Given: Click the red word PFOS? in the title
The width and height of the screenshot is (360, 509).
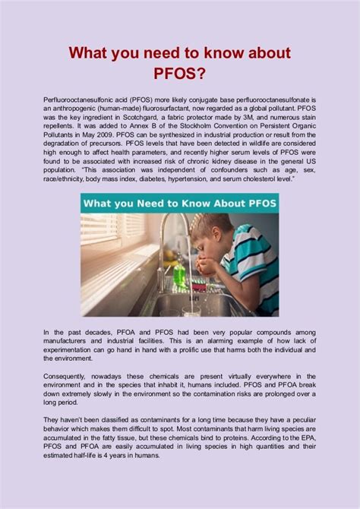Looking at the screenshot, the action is (180, 77).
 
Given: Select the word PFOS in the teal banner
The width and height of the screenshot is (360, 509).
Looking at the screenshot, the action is (254, 204).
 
